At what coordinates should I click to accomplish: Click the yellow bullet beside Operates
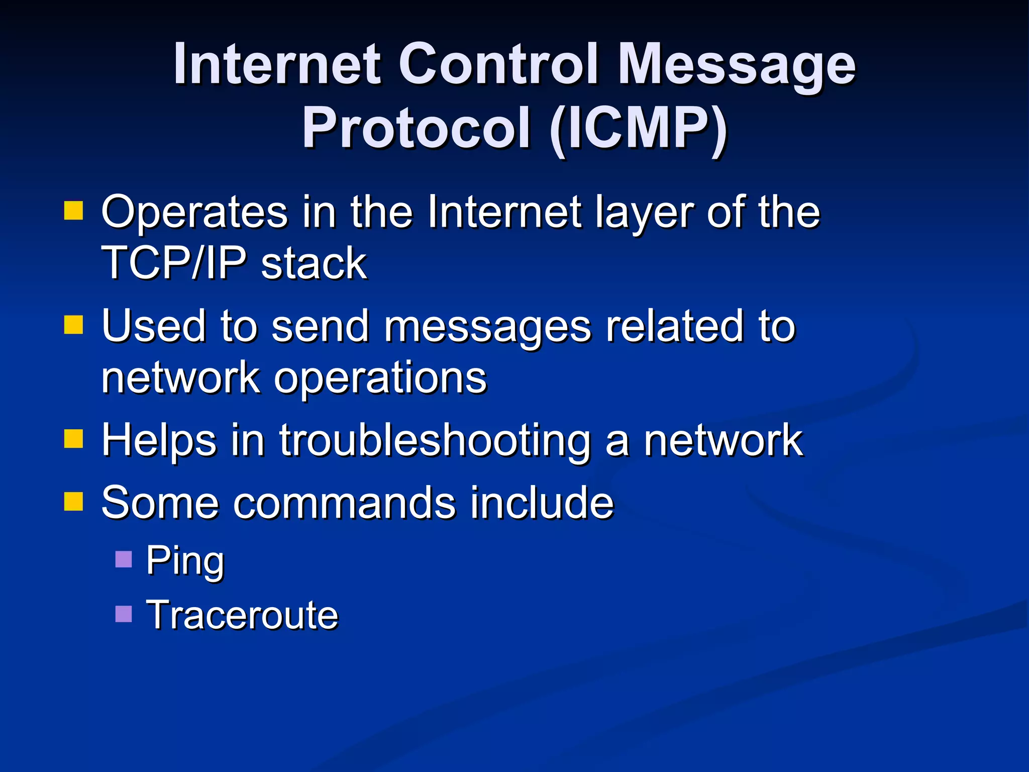[x=73, y=211]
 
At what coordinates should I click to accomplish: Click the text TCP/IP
[x=174, y=263]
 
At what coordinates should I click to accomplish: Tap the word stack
[x=314, y=263]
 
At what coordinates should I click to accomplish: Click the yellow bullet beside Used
[x=73, y=325]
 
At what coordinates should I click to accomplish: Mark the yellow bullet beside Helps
[x=73, y=438]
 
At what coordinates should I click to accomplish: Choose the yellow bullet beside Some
[x=73, y=502]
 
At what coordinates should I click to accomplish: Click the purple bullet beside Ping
[x=124, y=559]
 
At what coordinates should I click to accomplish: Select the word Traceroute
[x=242, y=615]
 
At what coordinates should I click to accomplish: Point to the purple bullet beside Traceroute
[x=124, y=614]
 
